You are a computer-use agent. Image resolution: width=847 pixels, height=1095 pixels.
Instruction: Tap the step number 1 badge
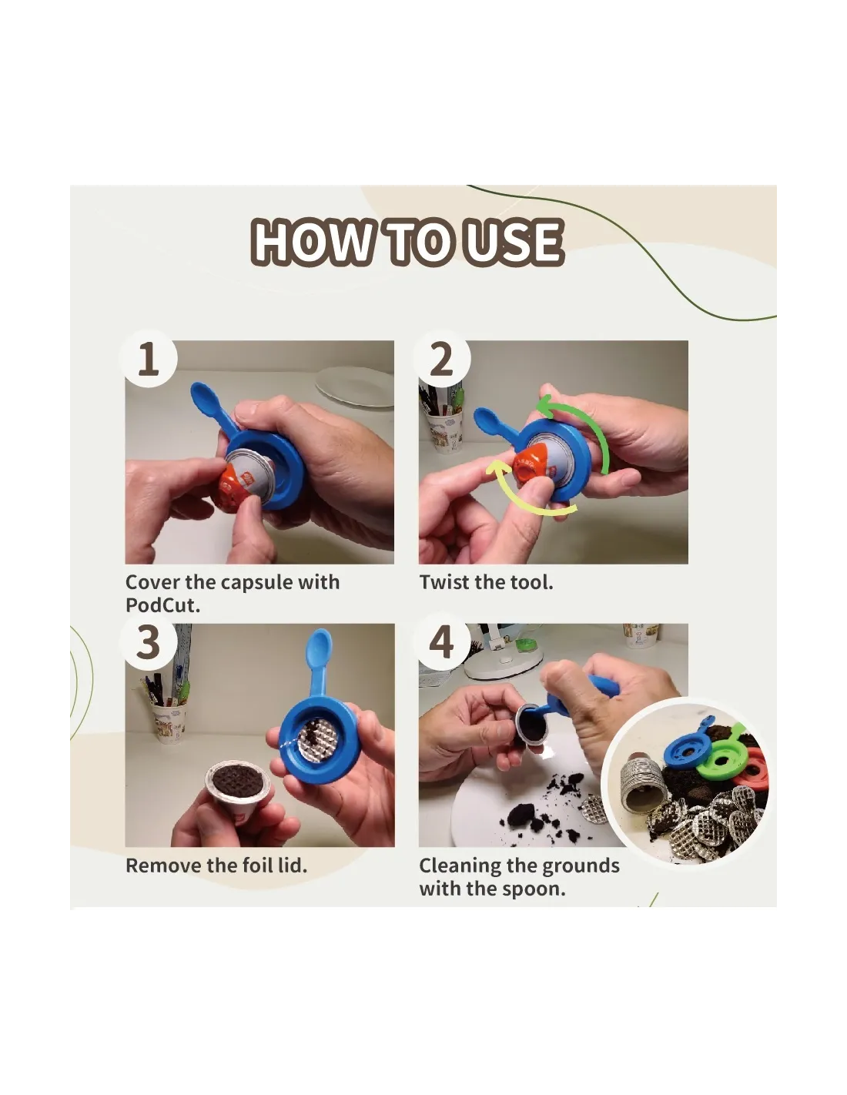click(x=149, y=359)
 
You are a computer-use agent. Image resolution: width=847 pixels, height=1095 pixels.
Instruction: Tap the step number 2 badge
click(x=442, y=359)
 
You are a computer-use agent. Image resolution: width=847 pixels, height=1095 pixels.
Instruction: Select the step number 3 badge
click(x=149, y=641)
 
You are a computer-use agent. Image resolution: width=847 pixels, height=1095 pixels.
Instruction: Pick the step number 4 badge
click(x=442, y=641)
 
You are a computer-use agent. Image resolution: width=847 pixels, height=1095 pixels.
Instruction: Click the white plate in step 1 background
click(x=354, y=386)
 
